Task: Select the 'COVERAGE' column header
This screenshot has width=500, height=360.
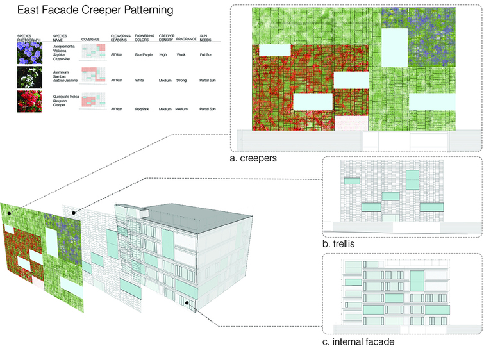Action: (x=90, y=39)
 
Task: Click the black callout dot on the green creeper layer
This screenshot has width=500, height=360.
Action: (x=10, y=208)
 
